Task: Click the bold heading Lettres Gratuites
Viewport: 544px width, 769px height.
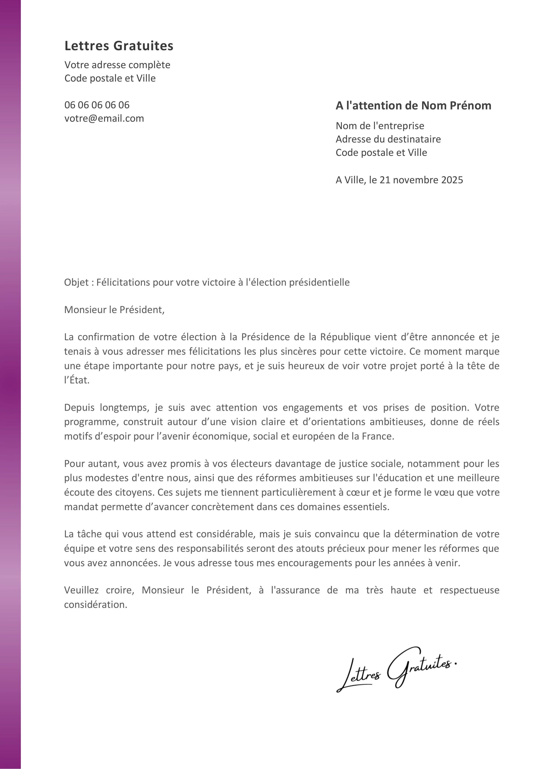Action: click(119, 46)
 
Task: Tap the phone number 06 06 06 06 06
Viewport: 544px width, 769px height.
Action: click(97, 105)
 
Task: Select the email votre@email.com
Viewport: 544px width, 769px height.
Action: click(104, 119)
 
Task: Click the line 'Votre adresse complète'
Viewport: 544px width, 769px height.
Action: click(117, 65)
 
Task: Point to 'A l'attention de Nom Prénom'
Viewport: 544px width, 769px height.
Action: click(413, 106)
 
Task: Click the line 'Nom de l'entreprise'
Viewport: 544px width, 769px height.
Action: click(380, 126)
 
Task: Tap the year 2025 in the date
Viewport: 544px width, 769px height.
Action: click(452, 180)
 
